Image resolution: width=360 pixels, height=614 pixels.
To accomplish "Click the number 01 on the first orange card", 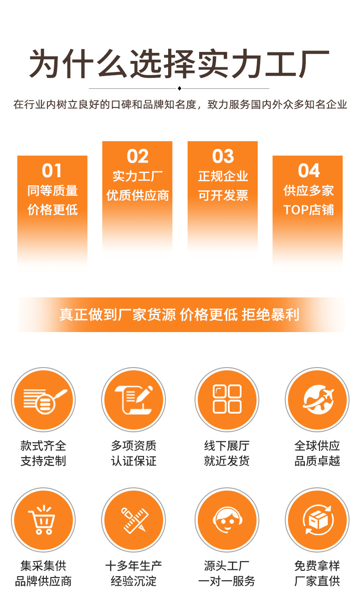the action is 52,170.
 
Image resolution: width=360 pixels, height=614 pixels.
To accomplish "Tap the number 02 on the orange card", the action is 138,156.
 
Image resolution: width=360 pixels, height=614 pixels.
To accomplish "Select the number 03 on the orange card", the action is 223,156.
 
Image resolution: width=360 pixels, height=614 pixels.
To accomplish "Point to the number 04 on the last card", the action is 309,170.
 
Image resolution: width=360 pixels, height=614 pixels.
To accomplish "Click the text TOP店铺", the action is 309,210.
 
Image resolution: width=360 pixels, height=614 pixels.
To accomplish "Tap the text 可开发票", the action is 223,196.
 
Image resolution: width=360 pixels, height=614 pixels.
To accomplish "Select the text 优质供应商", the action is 138,196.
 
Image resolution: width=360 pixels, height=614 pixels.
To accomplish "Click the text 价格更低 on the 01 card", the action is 52,210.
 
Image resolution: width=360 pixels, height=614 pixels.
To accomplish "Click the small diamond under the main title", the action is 179,88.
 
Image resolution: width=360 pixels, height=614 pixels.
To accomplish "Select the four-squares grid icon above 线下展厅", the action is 227,399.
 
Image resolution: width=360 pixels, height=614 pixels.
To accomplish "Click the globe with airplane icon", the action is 319,399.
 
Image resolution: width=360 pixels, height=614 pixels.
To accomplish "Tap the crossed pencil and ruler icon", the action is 134,520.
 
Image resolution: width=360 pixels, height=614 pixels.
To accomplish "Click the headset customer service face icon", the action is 227,520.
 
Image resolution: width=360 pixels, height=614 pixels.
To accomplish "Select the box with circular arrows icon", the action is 318,520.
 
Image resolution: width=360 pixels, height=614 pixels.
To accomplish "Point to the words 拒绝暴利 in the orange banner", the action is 270,314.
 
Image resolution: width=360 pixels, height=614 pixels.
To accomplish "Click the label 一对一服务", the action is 227,581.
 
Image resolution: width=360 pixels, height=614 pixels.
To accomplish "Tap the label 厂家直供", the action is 317,581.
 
